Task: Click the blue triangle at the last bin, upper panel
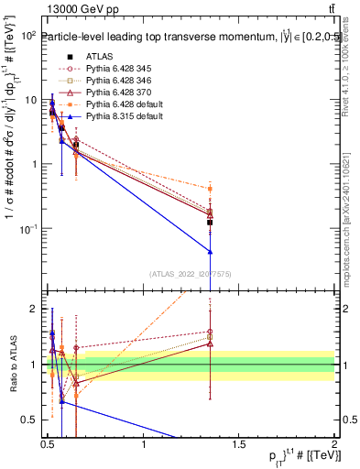pyautogui.click(x=211, y=251)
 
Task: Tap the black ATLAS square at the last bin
pyautogui.click(x=211, y=223)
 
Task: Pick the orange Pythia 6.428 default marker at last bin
pyautogui.click(x=211, y=189)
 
